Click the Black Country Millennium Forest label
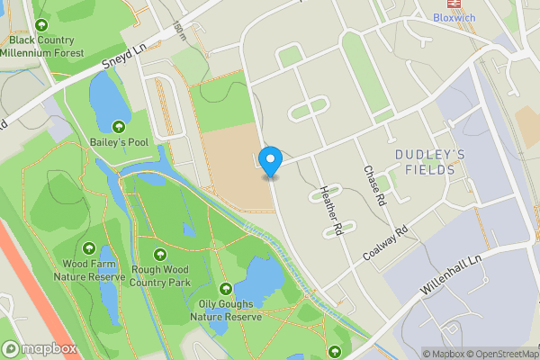[42, 46]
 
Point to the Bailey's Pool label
[119, 143]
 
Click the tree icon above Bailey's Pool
[119, 126]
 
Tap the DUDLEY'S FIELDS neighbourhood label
[430, 162]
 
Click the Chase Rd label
[374, 185]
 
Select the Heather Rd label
[331, 211]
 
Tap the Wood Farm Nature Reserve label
[88, 270]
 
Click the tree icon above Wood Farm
[88, 247]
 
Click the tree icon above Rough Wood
[160, 255]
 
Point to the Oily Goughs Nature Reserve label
[230, 310]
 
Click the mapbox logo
[40, 348]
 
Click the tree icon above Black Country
[41, 24]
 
